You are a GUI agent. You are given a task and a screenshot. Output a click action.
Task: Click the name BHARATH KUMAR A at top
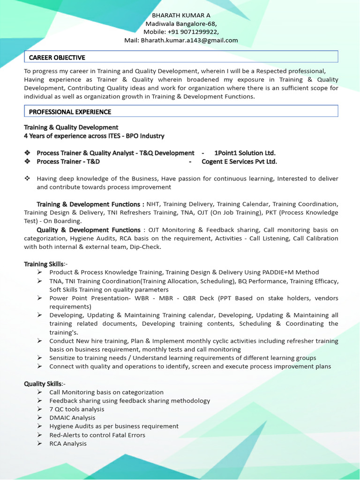(x=181, y=15)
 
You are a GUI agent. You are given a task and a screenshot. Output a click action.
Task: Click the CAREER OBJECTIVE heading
(x=57, y=57)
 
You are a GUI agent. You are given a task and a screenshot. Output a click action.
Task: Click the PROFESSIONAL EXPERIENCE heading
(x=70, y=112)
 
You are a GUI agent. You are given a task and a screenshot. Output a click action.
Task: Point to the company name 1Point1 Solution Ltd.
(x=245, y=153)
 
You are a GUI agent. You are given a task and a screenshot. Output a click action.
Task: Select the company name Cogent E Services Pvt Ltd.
(x=239, y=161)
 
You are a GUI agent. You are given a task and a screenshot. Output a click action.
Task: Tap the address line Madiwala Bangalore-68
(x=181, y=23)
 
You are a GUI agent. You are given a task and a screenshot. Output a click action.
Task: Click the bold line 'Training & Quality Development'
(x=71, y=127)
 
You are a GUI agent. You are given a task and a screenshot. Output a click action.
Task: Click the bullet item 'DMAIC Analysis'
(x=72, y=418)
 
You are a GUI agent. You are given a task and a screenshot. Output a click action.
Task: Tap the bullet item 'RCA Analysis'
(x=68, y=443)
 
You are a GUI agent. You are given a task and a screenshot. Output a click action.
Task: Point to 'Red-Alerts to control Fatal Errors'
(x=97, y=435)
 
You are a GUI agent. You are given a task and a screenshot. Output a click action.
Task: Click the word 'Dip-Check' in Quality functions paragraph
(x=145, y=247)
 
